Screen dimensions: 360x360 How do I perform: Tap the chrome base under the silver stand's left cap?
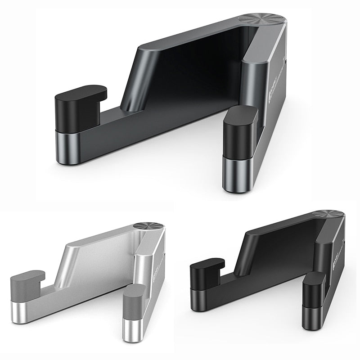pos(21,310)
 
